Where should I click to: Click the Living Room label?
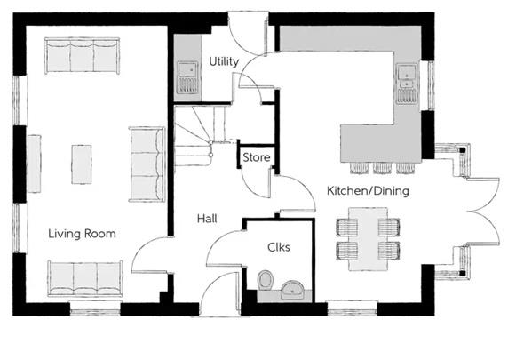(82, 233)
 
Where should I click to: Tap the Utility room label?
(224, 61)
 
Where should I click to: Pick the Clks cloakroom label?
(278, 248)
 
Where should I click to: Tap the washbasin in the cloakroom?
(293, 288)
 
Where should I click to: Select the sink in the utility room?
(187, 76)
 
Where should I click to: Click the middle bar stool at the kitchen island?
(382, 167)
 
